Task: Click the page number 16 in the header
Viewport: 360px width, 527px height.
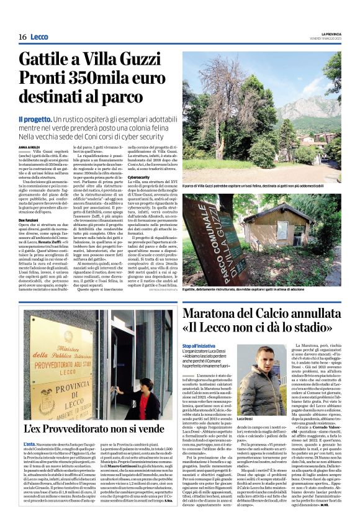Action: pos(22,37)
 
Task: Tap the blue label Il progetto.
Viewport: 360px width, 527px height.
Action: pos(35,118)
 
